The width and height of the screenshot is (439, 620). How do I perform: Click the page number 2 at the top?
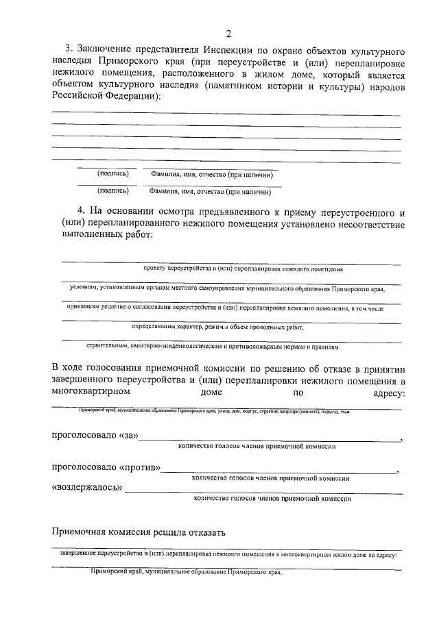click(x=228, y=35)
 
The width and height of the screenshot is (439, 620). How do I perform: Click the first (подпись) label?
click(x=113, y=174)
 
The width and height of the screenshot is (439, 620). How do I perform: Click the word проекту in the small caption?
click(x=154, y=270)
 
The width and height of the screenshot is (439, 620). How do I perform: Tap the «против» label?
click(x=140, y=469)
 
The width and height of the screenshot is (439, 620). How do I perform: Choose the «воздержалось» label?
click(x=87, y=488)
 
